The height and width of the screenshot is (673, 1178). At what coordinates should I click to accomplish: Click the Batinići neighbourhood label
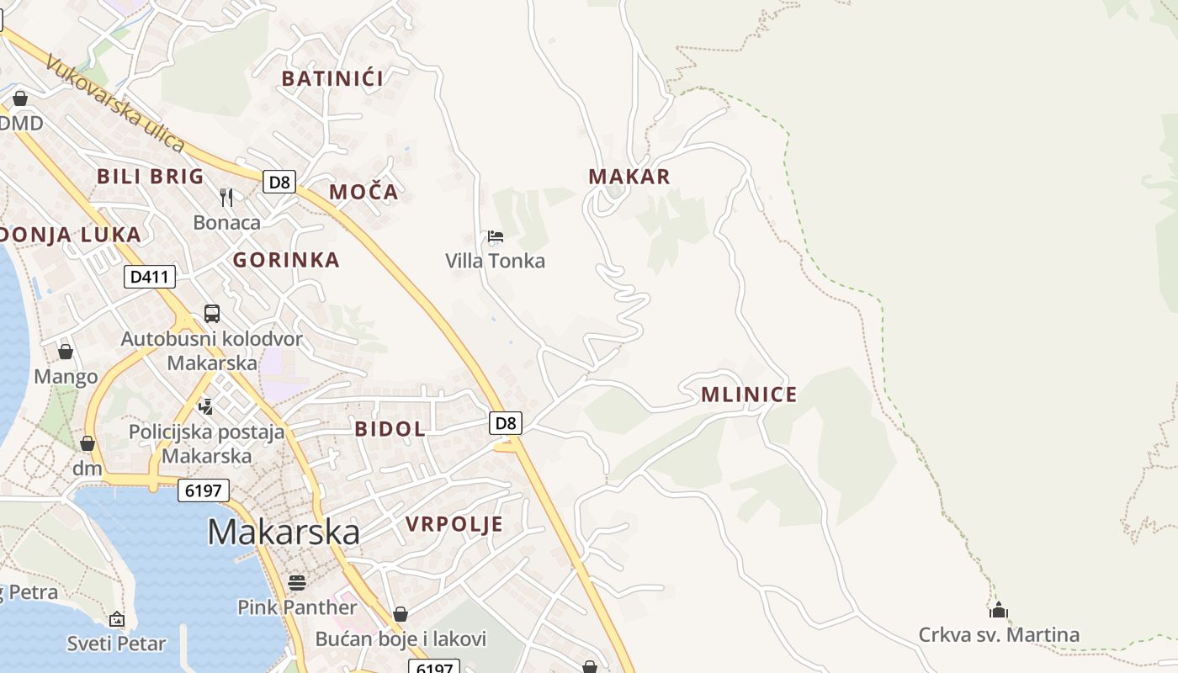(332, 79)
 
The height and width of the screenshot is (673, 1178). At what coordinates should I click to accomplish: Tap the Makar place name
(629, 177)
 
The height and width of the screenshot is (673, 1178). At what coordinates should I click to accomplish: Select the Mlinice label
(749, 395)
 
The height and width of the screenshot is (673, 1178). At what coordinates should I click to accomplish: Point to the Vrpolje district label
(454, 525)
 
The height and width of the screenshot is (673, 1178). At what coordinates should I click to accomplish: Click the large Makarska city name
(284, 532)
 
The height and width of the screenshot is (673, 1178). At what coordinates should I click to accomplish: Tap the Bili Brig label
(151, 177)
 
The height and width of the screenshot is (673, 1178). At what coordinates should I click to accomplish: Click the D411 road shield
(150, 276)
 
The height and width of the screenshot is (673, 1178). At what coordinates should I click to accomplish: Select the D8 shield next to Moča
(279, 181)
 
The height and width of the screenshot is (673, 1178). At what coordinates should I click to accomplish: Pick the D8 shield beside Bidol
(506, 423)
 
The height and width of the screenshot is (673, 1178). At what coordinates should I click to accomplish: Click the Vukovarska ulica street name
(116, 103)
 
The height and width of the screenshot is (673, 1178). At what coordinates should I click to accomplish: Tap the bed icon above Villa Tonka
(496, 236)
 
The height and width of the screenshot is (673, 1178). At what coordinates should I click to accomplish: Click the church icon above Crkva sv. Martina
(999, 610)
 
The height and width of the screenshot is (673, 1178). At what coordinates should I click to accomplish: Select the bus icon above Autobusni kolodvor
(212, 314)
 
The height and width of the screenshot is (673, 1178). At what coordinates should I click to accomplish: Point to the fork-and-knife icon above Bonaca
(226, 198)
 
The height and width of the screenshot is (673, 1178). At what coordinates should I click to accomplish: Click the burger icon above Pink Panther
(296, 582)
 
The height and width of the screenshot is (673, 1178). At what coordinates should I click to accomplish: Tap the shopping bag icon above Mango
(66, 352)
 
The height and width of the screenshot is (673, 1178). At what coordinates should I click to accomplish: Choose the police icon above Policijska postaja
(206, 407)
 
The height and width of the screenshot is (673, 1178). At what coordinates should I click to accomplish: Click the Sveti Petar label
(117, 644)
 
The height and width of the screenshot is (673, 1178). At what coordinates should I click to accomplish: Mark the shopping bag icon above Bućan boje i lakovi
(401, 614)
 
